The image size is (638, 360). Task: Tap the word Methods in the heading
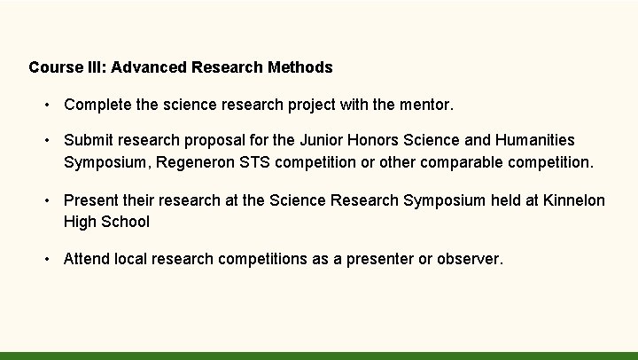pos(302,67)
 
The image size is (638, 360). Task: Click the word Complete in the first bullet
pos(98,106)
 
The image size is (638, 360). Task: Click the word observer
pos(470,259)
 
